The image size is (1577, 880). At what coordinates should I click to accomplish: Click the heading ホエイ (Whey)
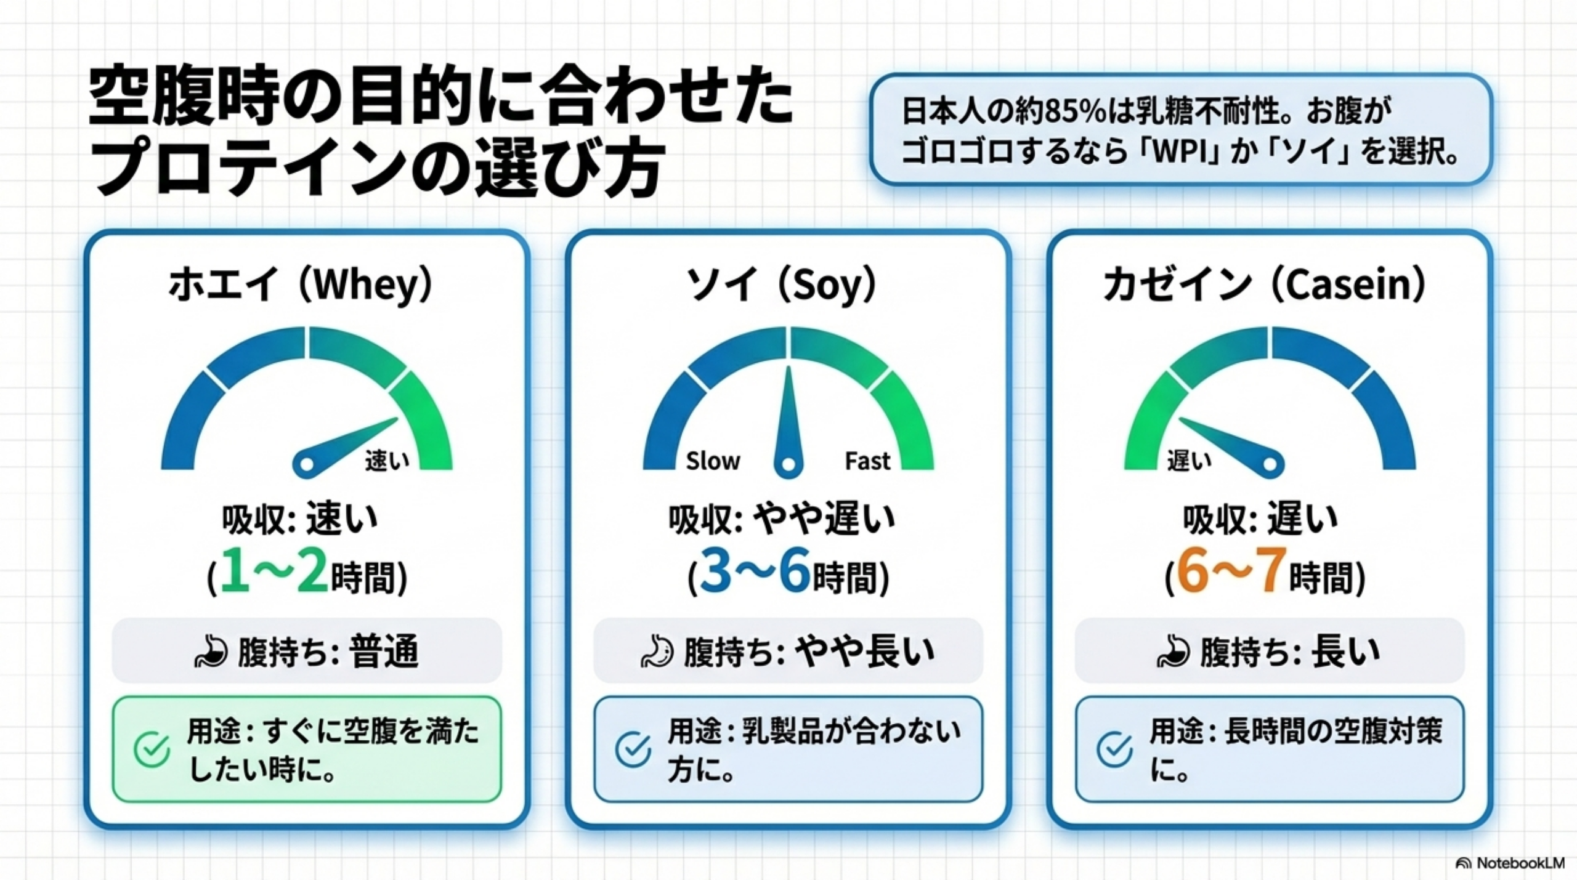pyautogui.click(x=301, y=285)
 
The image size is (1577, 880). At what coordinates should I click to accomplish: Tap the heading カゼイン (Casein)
pyautogui.click(x=1264, y=285)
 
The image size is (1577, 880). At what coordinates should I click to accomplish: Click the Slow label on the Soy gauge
pyautogui.click(x=713, y=461)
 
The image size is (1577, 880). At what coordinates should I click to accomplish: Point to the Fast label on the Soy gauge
pyautogui.click(x=867, y=461)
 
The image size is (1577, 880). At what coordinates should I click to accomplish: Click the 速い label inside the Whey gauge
pyautogui.click(x=387, y=461)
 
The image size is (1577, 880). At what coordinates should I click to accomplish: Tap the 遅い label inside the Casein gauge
pyautogui.click(x=1189, y=461)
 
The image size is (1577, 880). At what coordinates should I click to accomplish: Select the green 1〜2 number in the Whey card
pyautogui.click(x=275, y=570)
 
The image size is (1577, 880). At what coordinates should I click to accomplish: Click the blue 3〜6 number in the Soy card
pyautogui.click(x=755, y=570)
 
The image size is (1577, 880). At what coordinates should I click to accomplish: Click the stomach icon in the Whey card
pyautogui.click(x=211, y=652)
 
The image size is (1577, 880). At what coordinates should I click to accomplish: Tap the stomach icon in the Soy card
pyautogui.click(x=657, y=652)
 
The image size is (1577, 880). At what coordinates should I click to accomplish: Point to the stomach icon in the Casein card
pyautogui.click(x=1173, y=652)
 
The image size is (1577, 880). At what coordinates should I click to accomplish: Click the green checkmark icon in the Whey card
pyautogui.click(x=152, y=749)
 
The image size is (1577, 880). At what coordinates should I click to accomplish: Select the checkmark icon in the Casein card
pyautogui.click(x=1114, y=749)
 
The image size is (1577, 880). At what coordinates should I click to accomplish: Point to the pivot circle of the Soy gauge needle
pyautogui.click(x=787, y=465)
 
